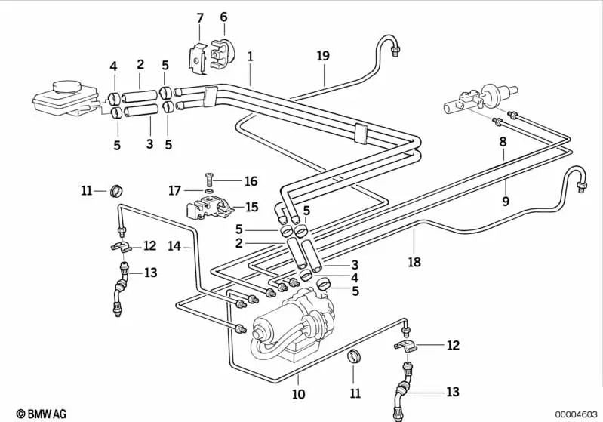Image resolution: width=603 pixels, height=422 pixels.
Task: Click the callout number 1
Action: coord(250,56)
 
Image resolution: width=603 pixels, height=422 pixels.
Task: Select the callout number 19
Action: coord(323,56)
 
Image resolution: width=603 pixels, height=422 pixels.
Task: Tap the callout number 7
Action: coord(200,17)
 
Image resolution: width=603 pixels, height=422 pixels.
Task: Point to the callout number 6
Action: coord(223,17)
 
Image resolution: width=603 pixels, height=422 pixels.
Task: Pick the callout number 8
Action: coord(503,142)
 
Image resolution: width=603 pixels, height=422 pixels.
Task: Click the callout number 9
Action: coord(506,201)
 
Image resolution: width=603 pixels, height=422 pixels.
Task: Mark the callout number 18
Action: coord(414,263)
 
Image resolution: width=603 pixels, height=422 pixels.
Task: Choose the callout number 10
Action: coord(298,394)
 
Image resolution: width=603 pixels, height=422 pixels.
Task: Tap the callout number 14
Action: coord(174,245)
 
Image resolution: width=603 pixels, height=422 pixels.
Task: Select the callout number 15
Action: coord(251,207)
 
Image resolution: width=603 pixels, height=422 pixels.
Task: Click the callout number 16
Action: coord(251,181)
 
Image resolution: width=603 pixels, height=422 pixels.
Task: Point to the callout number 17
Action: coord(174,191)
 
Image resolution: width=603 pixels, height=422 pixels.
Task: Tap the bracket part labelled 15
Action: coord(209,208)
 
